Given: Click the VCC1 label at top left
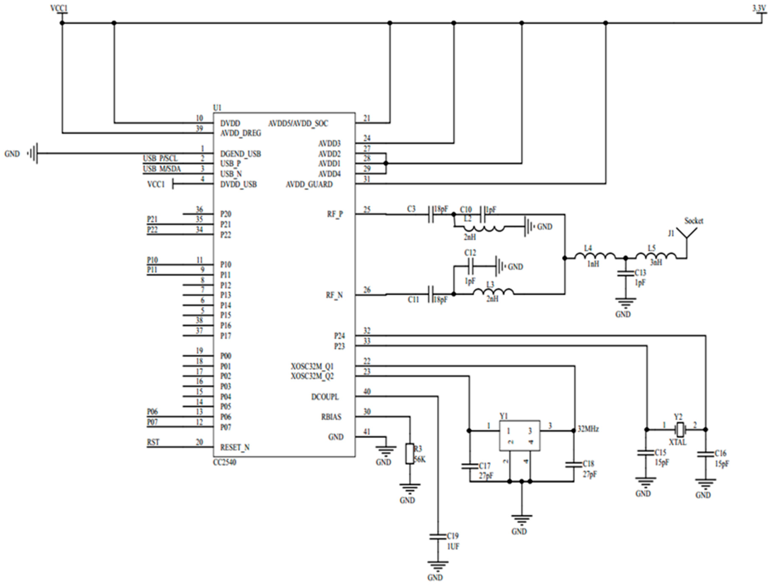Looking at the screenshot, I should (x=59, y=8).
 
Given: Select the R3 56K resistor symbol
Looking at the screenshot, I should (x=410, y=454).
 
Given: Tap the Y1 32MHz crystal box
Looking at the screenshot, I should (x=519, y=435).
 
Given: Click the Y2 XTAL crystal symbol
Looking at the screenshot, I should (x=680, y=429).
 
